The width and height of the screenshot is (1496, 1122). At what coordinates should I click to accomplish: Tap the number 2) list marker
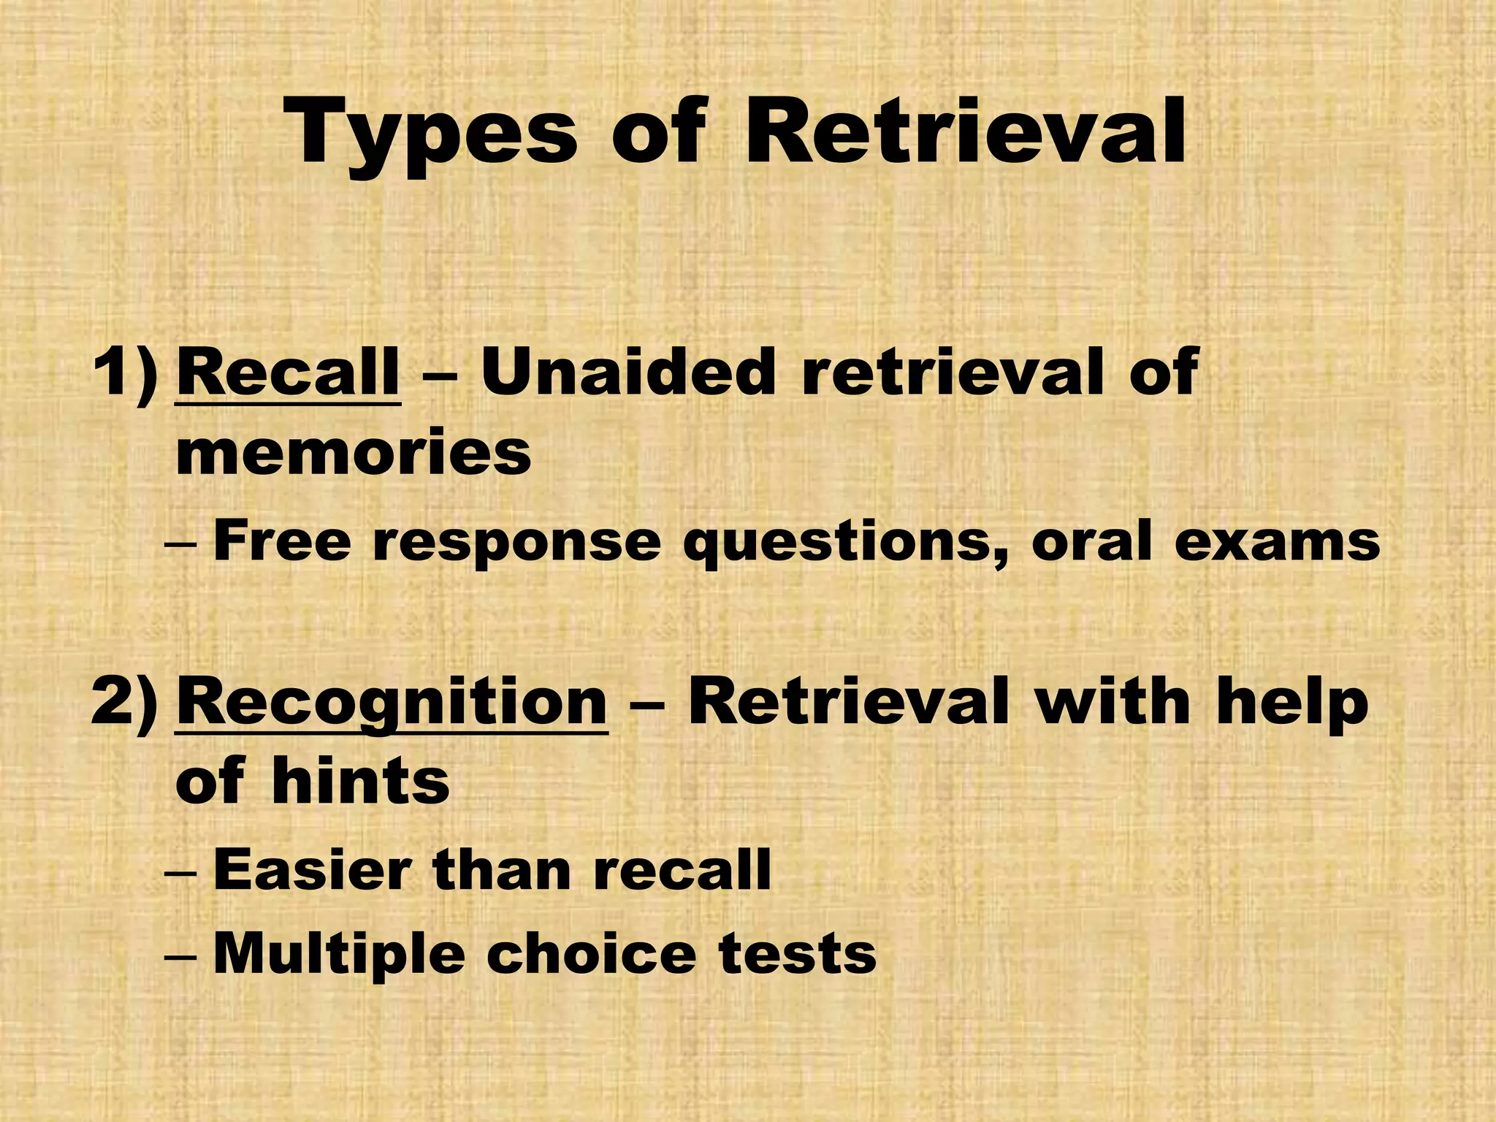tap(124, 701)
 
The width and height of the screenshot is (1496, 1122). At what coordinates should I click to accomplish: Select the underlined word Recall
tap(288, 373)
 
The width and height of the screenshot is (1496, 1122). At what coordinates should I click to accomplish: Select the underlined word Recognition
tap(392, 701)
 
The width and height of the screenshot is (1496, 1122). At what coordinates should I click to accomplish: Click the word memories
tap(354, 453)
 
